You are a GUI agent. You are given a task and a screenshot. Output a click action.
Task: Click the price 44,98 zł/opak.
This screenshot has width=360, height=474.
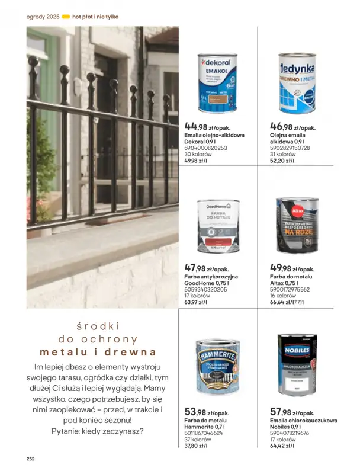207,126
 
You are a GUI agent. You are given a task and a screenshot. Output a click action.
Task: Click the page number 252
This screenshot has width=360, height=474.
31,458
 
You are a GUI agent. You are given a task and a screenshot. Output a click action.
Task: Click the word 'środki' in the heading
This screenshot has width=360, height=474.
98,326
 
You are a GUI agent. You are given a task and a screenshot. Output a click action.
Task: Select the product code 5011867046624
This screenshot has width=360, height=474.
203,433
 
